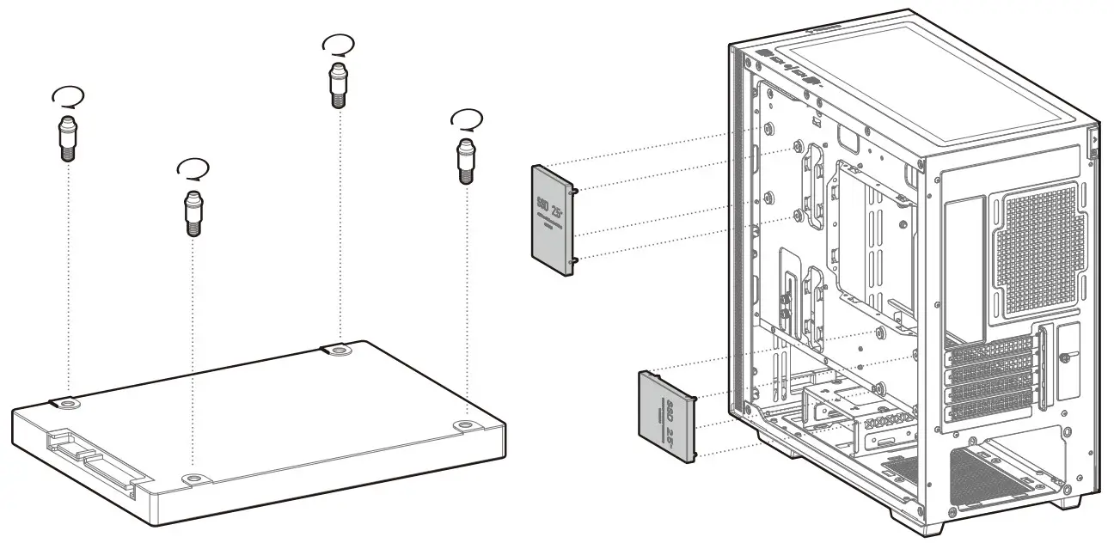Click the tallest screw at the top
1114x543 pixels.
[339, 83]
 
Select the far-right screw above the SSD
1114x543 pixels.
[465, 158]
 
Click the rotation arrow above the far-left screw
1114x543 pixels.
[67, 96]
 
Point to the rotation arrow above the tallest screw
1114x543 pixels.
[336, 43]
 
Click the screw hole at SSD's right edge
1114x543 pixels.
[465, 424]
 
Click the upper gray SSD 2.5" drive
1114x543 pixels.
[550, 220]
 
